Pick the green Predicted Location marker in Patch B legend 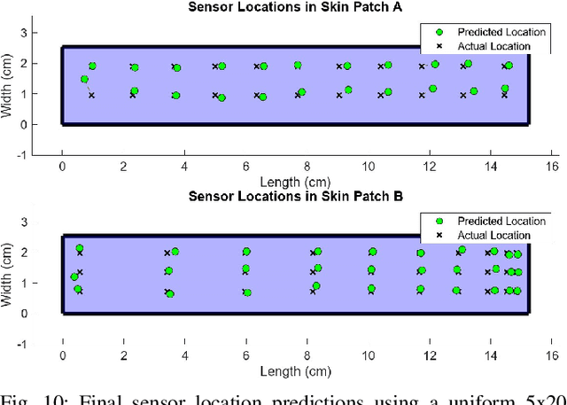pos(439,221)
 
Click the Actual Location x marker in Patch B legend pos(439,235)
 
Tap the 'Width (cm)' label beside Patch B pos(9,269)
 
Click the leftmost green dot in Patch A pos(84,79)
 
